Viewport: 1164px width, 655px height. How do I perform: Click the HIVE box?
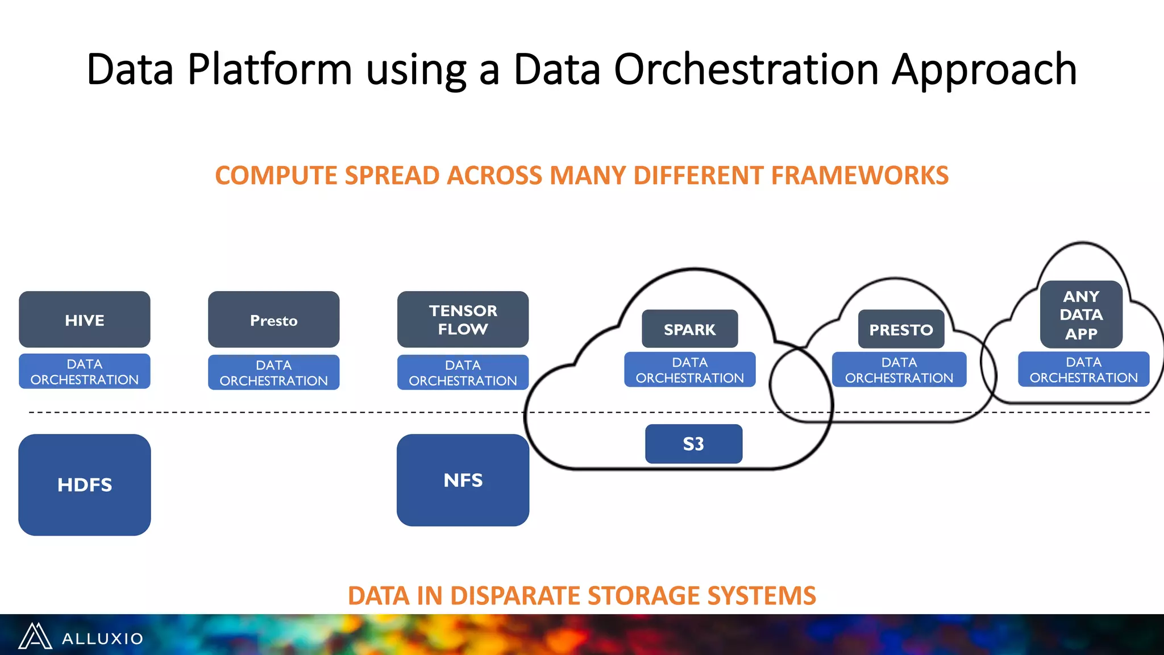click(x=84, y=320)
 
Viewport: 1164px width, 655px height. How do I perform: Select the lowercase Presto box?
click(x=273, y=320)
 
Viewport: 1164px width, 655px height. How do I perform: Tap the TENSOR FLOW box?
click(x=463, y=320)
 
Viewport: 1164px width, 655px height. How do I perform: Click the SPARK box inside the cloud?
click(x=689, y=329)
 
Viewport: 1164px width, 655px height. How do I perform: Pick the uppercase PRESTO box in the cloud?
click(x=901, y=329)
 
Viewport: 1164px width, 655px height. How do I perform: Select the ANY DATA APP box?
click(x=1081, y=314)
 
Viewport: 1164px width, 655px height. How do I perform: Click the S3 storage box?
click(x=693, y=443)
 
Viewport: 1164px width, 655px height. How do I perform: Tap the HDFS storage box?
click(x=84, y=484)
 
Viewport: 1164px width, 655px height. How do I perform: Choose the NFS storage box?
click(x=463, y=480)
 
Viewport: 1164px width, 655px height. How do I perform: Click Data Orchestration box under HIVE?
click(x=84, y=371)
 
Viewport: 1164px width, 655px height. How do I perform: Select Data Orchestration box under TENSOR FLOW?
click(x=463, y=372)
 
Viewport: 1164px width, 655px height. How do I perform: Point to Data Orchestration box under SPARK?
click(x=689, y=370)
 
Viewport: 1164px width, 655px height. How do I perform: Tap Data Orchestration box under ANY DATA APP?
click(x=1083, y=370)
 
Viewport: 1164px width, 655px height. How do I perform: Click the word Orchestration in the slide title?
click(x=746, y=69)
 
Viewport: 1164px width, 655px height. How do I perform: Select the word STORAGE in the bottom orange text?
click(x=640, y=595)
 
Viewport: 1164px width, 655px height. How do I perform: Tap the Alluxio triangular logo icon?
click(x=35, y=636)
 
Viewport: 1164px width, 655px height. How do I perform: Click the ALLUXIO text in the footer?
click(x=102, y=639)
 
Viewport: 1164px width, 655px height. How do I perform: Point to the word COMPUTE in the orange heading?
click(x=276, y=175)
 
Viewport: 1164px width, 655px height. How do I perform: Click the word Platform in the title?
click(x=270, y=69)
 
